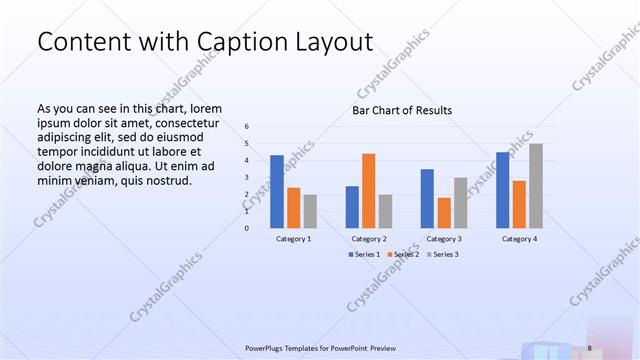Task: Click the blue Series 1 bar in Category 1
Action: (277, 191)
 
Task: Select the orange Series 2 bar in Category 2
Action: (369, 190)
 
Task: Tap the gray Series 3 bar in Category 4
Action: (536, 185)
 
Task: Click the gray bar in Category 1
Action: (310, 211)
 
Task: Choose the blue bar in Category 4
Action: (503, 189)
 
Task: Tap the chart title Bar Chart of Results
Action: (402, 110)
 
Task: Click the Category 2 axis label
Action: (369, 239)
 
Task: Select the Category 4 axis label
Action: (519, 239)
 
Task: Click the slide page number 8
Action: (589, 347)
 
